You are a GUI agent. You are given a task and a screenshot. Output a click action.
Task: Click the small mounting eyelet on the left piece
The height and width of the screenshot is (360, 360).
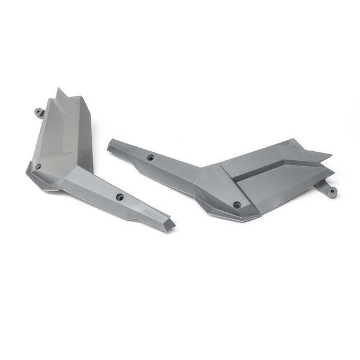[38, 111]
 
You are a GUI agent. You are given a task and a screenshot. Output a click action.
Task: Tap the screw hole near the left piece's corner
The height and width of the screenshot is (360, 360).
[38, 166]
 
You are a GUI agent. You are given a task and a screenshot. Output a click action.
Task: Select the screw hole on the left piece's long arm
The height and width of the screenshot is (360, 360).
[119, 196]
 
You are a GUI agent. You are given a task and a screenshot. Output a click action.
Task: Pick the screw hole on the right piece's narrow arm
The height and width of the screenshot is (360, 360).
[150, 157]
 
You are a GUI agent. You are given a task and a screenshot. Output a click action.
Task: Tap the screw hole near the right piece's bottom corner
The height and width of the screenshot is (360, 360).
[237, 205]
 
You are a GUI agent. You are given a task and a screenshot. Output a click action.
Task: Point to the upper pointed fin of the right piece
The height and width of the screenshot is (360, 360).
[324, 155]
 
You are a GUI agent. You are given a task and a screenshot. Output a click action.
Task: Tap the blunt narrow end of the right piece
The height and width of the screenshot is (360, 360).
[110, 145]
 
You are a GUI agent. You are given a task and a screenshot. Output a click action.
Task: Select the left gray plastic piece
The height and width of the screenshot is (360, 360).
[78, 162]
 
